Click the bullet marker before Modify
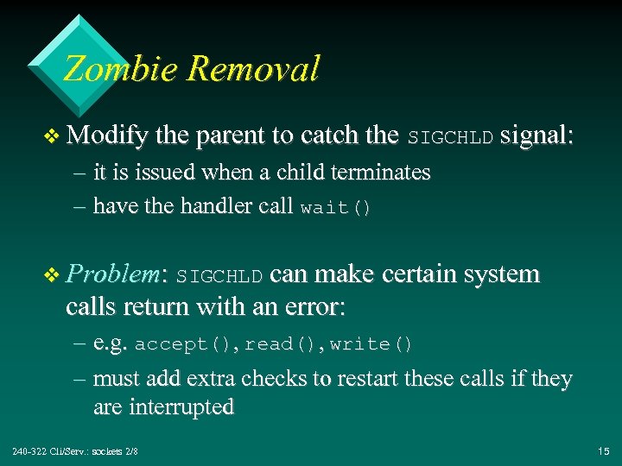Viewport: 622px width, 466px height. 53,136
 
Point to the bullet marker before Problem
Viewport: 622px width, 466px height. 53,275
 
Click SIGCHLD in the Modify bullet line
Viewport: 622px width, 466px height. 450,137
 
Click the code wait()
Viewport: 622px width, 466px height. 335,208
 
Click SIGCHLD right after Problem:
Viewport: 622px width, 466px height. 219,276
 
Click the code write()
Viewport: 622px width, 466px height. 371,344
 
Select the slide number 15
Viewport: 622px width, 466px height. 602,451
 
